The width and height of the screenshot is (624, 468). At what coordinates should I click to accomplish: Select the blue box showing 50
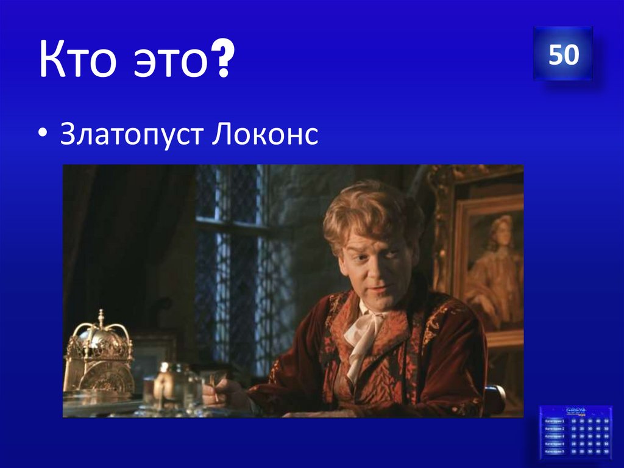563,54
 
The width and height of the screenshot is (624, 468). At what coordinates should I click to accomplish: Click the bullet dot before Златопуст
47,135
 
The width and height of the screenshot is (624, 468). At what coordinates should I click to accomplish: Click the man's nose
373,264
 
